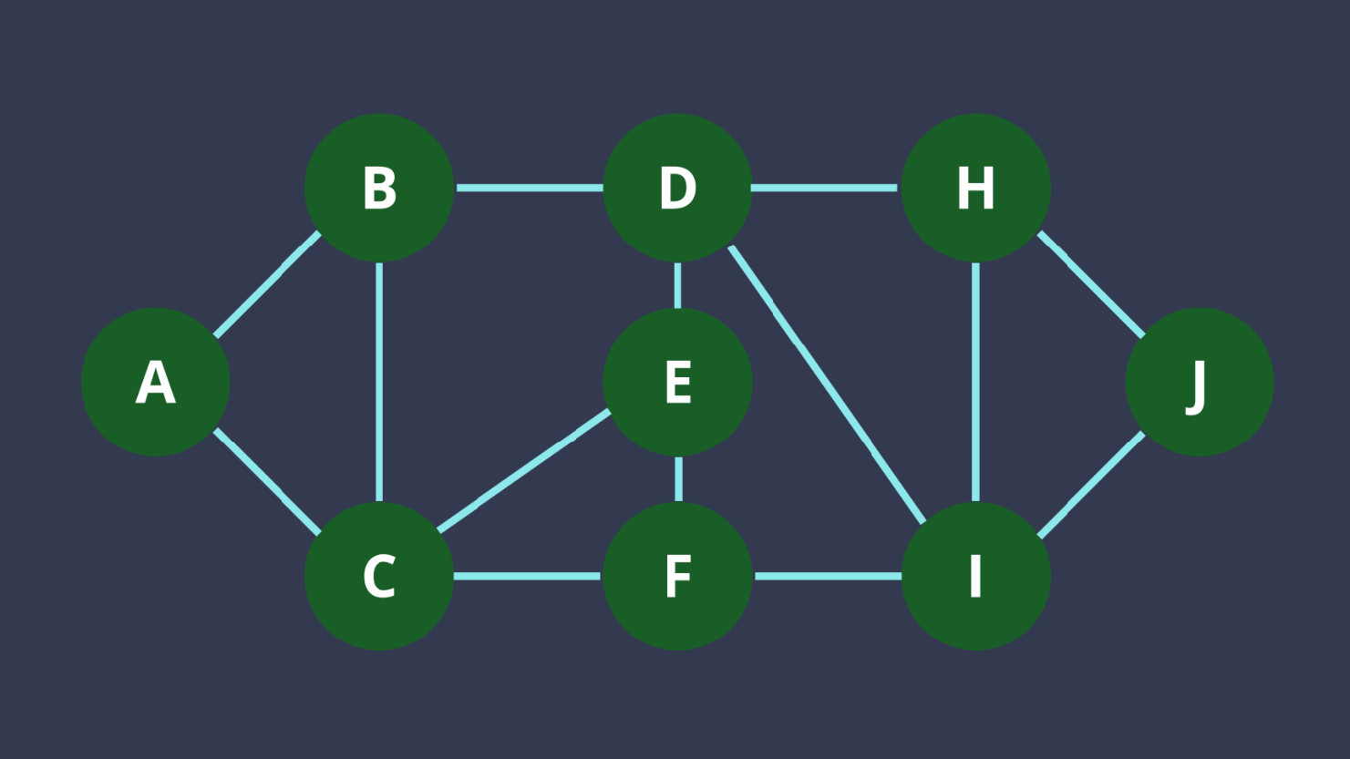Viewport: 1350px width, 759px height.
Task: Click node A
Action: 156,382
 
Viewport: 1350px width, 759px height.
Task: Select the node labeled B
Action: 379,188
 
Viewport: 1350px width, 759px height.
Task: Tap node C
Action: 379,576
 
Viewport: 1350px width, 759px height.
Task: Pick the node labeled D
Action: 677,188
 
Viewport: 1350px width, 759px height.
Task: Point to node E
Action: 677,382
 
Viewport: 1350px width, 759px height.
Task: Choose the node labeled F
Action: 677,576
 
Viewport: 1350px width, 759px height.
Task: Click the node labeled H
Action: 975,188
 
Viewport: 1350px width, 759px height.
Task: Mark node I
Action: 975,576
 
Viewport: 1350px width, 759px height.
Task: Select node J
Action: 1200,382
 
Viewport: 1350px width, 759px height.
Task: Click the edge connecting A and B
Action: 267,284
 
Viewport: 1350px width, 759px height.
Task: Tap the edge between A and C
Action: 267,479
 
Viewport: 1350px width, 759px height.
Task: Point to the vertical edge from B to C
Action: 379,382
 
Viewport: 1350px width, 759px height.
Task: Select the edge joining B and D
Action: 529,188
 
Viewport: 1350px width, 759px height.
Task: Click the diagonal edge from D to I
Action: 827,383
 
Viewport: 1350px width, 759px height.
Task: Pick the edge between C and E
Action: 524,470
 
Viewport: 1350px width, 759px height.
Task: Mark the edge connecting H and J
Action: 1091,284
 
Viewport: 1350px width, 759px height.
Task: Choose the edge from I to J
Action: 1091,484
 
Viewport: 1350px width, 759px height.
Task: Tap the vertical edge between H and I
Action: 975,382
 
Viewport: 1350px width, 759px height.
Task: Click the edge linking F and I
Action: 827,576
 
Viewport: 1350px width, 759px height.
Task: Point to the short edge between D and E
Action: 677,284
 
